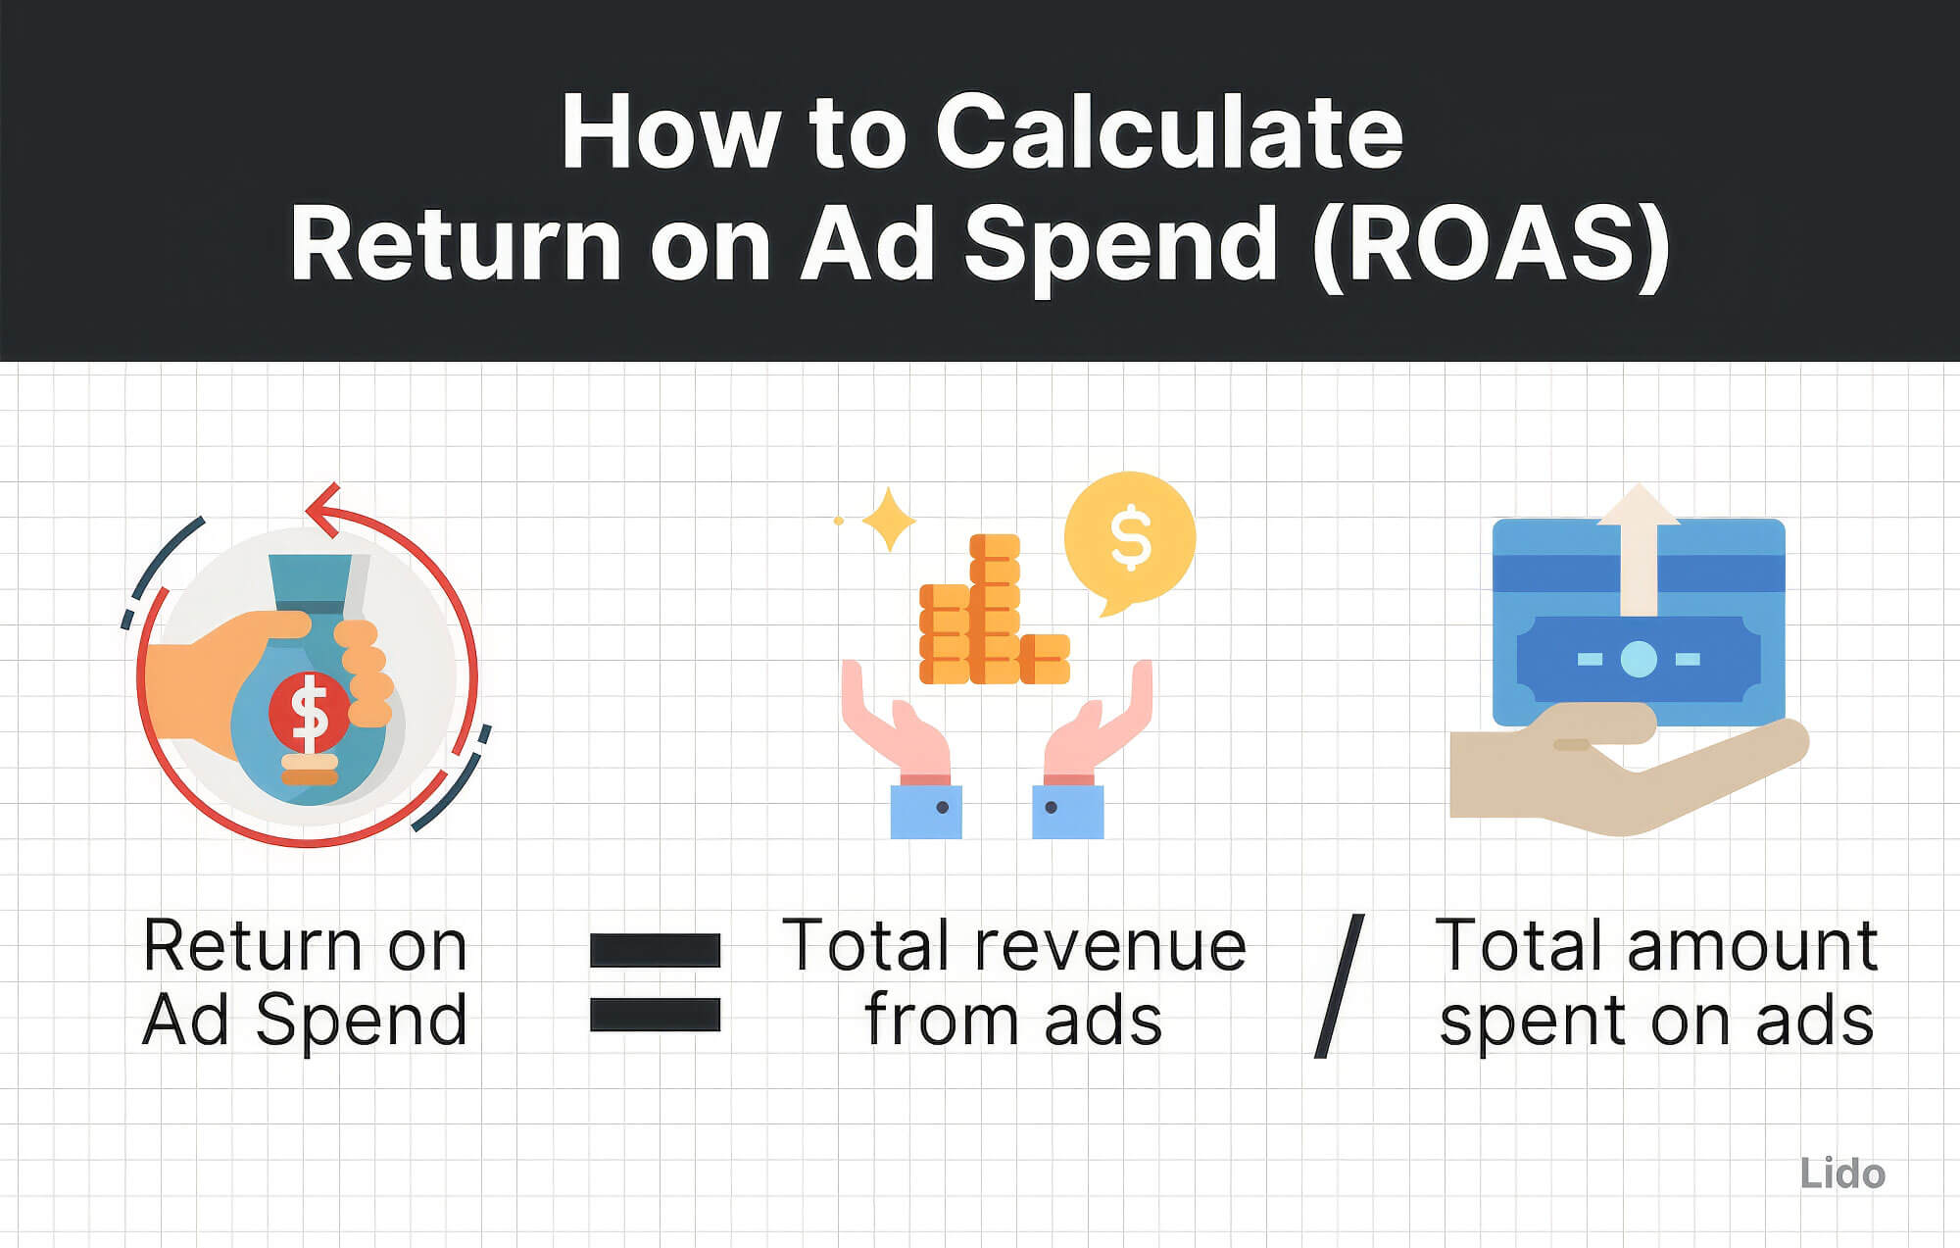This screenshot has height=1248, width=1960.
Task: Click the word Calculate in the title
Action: (x=1168, y=132)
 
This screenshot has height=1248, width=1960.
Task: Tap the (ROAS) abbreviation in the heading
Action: (x=1491, y=245)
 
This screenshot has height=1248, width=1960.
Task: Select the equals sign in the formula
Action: (x=655, y=982)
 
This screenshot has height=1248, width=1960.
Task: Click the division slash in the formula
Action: (x=1339, y=985)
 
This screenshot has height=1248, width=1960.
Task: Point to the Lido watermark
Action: (x=1841, y=1173)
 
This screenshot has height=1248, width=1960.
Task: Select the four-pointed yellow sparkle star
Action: (x=888, y=519)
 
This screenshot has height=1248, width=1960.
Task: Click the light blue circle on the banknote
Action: (x=1638, y=659)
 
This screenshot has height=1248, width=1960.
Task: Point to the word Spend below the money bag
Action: (x=361, y=1022)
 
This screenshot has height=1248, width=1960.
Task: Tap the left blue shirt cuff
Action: (x=925, y=811)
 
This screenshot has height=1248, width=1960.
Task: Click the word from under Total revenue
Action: (x=942, y=1020)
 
